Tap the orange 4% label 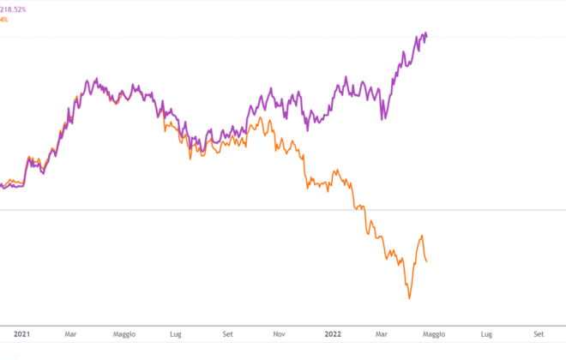[x=4, y=19]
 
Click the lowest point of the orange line [x=410, y=298]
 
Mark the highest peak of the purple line [x=425, y=33]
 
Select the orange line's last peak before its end [x=422, y=236]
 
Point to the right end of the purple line [x=428, y=36]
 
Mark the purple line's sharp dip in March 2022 [x=383, y=118]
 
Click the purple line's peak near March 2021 [x=87, y=81]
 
